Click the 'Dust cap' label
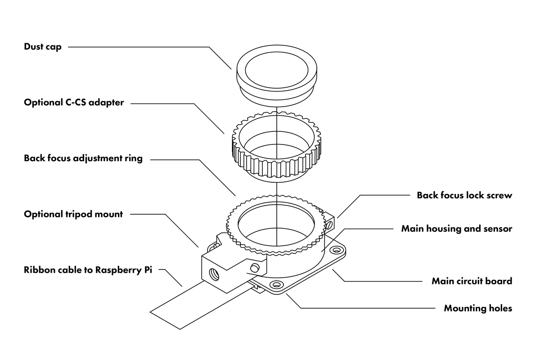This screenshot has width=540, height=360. [43, 47]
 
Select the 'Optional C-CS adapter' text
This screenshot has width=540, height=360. [73, 103]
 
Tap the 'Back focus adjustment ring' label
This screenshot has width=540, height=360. [83, 158]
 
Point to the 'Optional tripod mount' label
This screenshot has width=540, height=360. [73, 214]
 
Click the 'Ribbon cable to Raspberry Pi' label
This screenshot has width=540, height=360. [88, 270]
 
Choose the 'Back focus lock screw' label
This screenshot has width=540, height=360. [464, 195]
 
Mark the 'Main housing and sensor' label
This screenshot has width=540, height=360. [456, 229]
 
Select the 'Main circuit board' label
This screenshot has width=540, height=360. [472, 281]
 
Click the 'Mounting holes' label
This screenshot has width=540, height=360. [478, 308]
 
